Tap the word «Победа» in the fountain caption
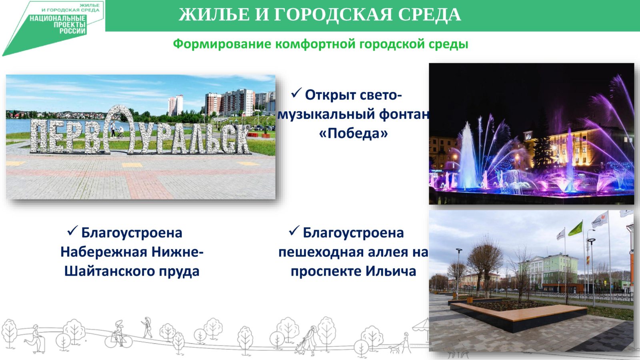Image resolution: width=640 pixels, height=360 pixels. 354,133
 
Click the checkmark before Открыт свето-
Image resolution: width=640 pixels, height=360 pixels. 296,93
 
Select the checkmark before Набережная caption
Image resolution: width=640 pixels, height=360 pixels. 73,230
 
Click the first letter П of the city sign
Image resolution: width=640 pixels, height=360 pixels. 38,136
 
